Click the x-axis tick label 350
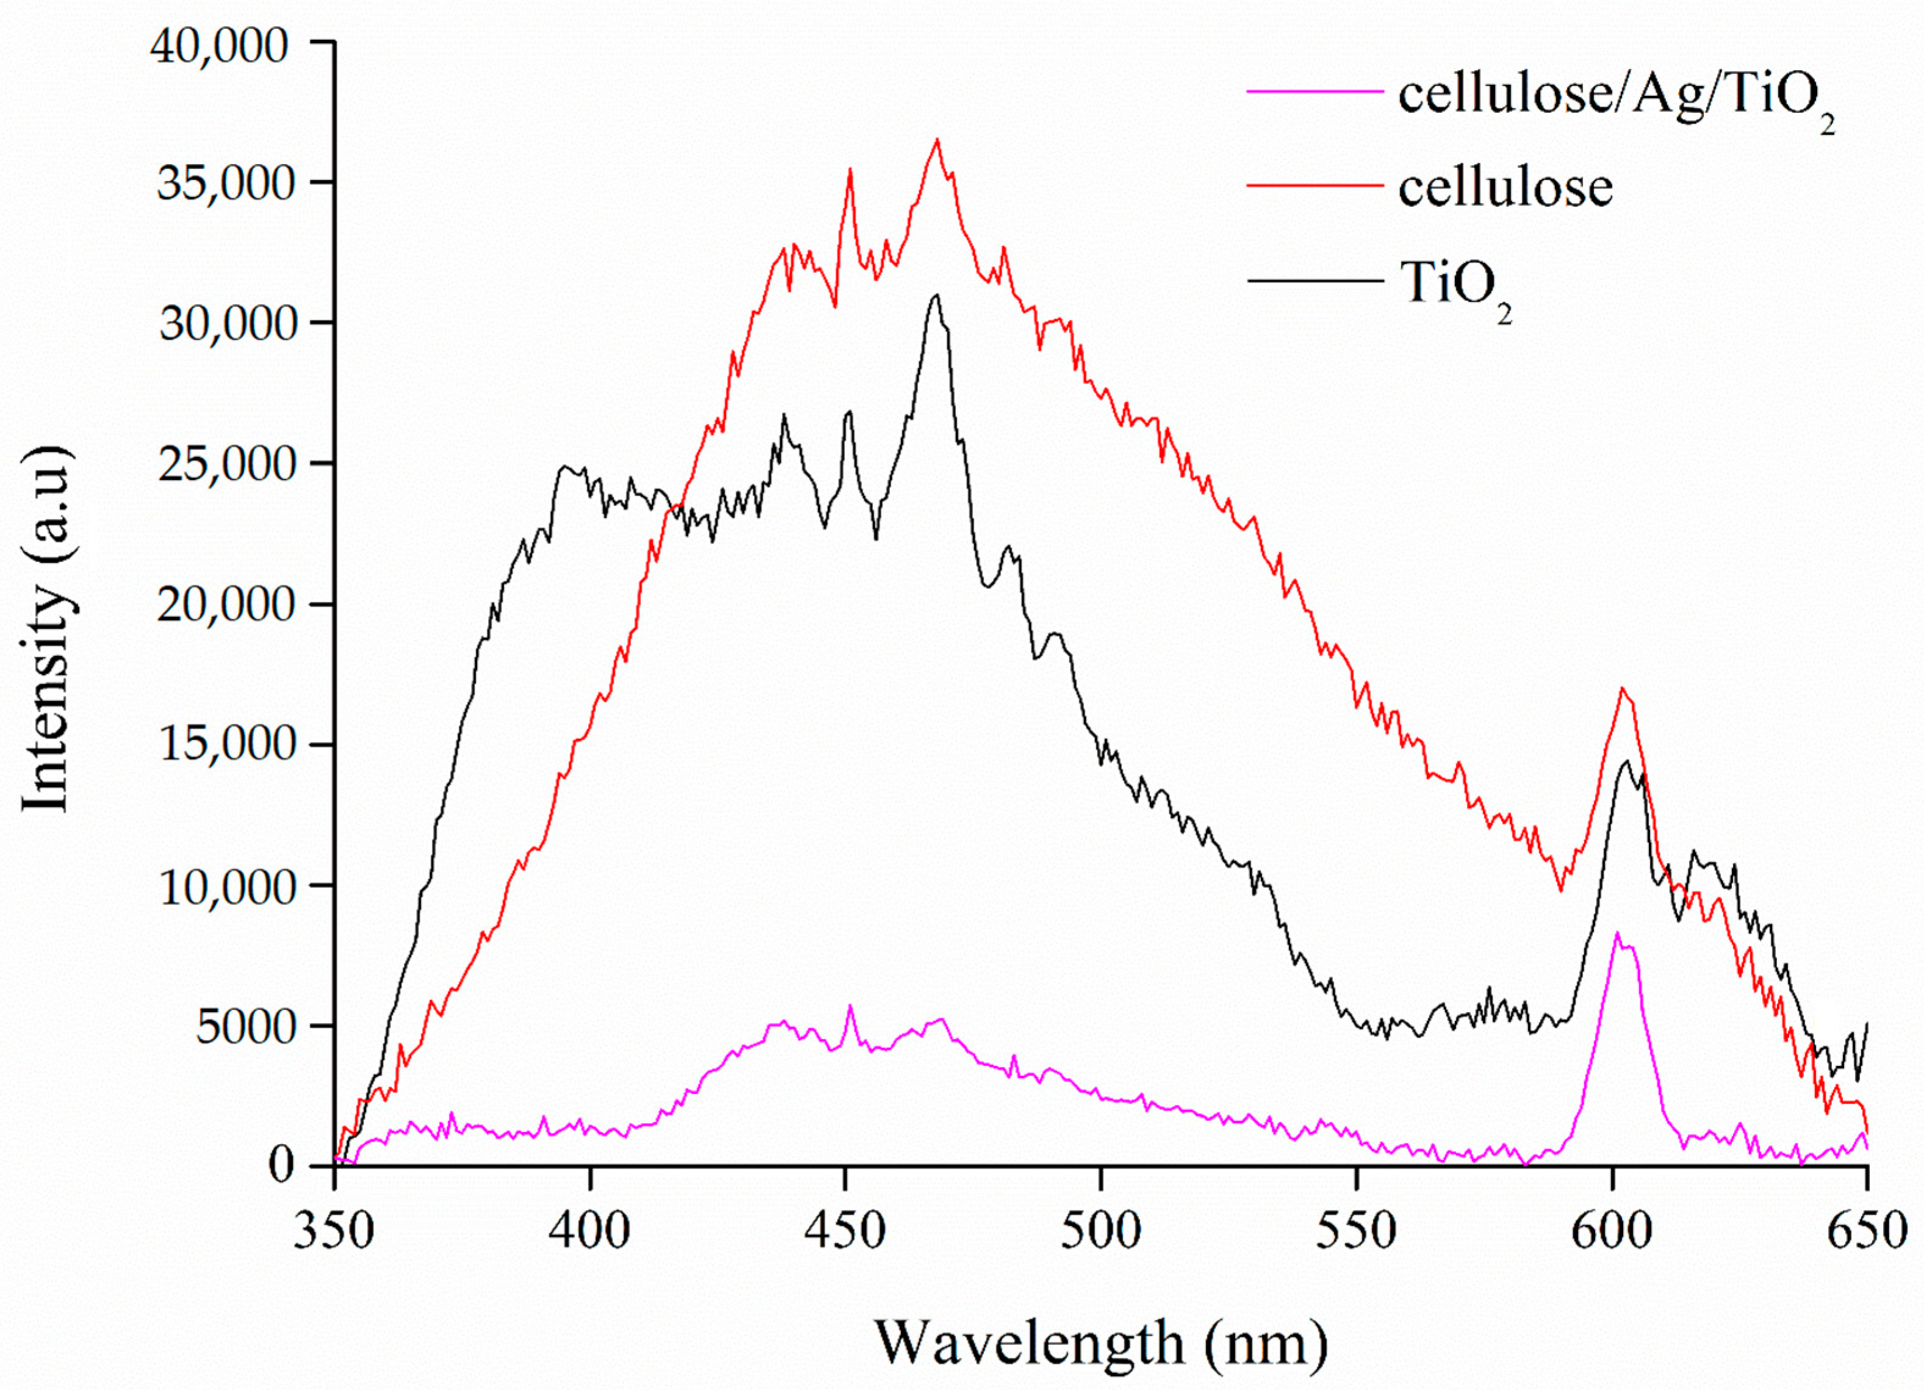point(334,1231)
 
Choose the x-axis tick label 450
point(845,1231)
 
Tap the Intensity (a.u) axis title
point(46,630)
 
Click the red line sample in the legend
point(1314,184)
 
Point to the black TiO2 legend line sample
point(1314,281)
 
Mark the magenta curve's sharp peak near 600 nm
point(1617,932)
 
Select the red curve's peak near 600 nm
point(1622,688)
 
